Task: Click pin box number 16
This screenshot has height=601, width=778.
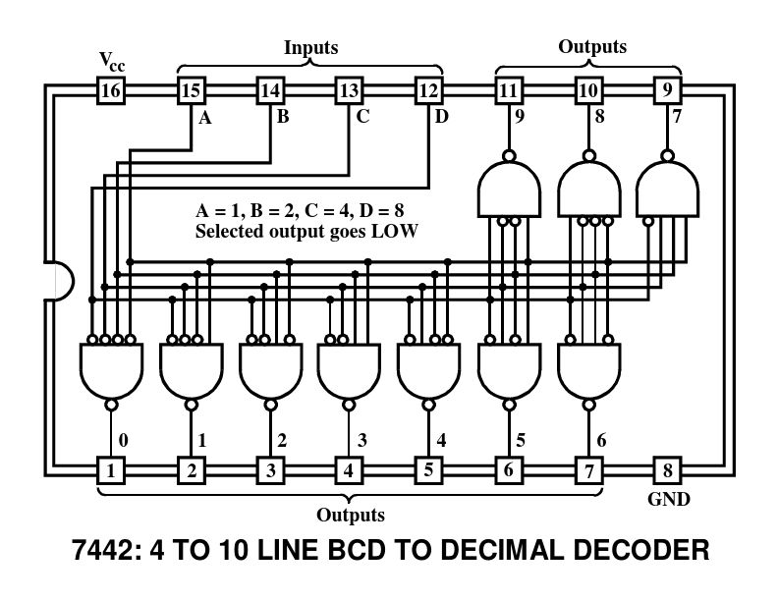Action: coord(112,91)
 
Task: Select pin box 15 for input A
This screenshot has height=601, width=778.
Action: coord(192,91)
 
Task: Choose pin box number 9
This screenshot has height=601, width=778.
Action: coord(667,91)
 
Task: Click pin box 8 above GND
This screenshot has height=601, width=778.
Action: coord(667,469)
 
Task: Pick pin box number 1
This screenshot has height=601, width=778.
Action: coord(112,469)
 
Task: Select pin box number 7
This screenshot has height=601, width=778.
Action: coord(588,469)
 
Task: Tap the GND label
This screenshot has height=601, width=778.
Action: coord(668,500)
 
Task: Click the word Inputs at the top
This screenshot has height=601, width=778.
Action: coord(310,47)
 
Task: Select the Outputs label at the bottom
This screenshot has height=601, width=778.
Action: coord(350,514)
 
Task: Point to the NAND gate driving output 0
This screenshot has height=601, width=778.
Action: coord(110,370)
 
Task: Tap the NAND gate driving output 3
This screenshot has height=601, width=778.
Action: coord(349,370)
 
